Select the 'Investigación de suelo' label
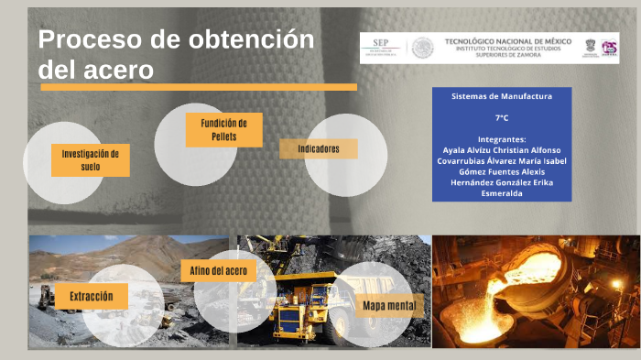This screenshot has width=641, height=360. pos(91,160)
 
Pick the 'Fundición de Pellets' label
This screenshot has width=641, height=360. pos(223,130)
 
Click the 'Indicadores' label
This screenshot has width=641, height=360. pos(319,149)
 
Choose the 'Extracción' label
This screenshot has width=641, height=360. pos(91,297)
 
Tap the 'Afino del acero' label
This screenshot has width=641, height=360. pos(218,271)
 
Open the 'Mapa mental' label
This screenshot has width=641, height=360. pos(389,306)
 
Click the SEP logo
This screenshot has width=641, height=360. pos(382,45)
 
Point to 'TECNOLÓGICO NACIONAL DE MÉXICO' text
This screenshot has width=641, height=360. pos(507,41)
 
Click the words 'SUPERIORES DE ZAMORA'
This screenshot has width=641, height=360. pos(509,55)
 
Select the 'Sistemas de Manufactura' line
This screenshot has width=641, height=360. pos(501,96)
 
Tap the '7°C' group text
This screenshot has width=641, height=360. pos(501,118)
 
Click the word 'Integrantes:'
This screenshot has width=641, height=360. pos(501,139)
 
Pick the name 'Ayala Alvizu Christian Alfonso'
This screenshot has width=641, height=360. pos(501,150)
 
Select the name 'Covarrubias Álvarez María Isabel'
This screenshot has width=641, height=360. pos(501,161)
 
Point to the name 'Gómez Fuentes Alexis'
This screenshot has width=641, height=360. pos(501,172)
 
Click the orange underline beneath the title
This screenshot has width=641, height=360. pos(197,88)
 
